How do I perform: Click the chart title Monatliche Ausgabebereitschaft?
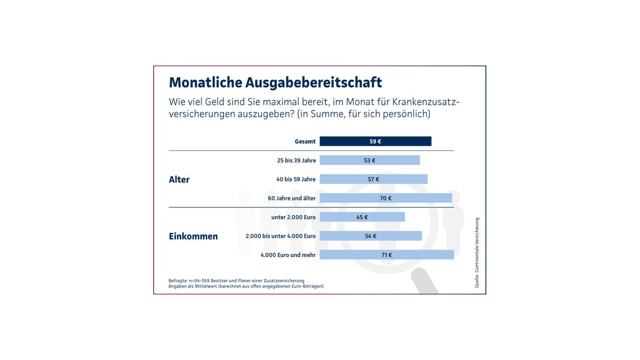275,83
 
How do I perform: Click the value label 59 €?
375,141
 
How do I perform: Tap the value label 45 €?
362,217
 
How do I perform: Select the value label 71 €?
387,255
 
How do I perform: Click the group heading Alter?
179,180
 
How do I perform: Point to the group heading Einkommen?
193,236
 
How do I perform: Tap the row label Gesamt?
305,142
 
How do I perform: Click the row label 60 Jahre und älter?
292,198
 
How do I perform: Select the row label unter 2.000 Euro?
293,217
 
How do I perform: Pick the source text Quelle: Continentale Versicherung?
477,253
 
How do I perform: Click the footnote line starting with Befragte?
236,281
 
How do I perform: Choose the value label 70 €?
386,198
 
